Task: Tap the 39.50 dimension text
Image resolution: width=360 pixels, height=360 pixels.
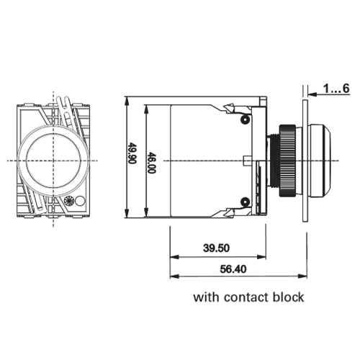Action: tap(216, 248)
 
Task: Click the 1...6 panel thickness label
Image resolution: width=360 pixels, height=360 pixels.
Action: tap(336, 89)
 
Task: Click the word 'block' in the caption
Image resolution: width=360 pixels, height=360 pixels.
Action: tap(288, 297)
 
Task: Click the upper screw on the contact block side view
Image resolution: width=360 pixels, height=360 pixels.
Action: tap(246, 118)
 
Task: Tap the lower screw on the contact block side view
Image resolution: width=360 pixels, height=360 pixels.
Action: tap(246, 200)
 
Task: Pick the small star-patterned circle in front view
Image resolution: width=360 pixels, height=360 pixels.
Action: tap(69, 202)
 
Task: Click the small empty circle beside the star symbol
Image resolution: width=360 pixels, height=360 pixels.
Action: tap(81, 202)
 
